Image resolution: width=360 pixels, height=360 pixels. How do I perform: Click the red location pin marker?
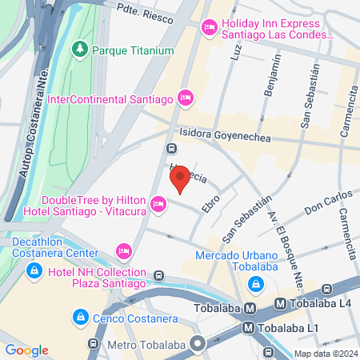click(x=180, y=178)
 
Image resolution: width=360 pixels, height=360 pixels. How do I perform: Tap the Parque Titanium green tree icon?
click(x=80, y=50)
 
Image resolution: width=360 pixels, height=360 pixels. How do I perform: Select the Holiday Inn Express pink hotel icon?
click(x=210, y=29)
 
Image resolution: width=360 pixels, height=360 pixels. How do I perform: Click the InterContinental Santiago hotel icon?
click(x=185, y=98)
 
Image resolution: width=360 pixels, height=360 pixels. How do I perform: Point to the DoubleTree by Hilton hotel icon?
click(x=158, y=206)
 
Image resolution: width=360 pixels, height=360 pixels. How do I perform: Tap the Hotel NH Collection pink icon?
click(x=123, y=252)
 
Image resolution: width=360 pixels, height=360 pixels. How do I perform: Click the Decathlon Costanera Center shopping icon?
click(x=34, y=271)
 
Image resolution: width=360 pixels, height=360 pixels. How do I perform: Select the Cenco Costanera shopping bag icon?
click(x=80, y=318)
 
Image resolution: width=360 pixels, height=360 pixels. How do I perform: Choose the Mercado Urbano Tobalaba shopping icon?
click(x=254, y=284)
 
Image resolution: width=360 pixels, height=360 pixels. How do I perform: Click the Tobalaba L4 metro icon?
click(x=280, y=304)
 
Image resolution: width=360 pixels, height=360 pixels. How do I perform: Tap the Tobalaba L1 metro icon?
click(x=250, y=327)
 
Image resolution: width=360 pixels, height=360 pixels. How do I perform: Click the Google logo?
click(x=26, y=350)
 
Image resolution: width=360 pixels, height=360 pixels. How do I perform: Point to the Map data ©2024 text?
click(x=325, y=354)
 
